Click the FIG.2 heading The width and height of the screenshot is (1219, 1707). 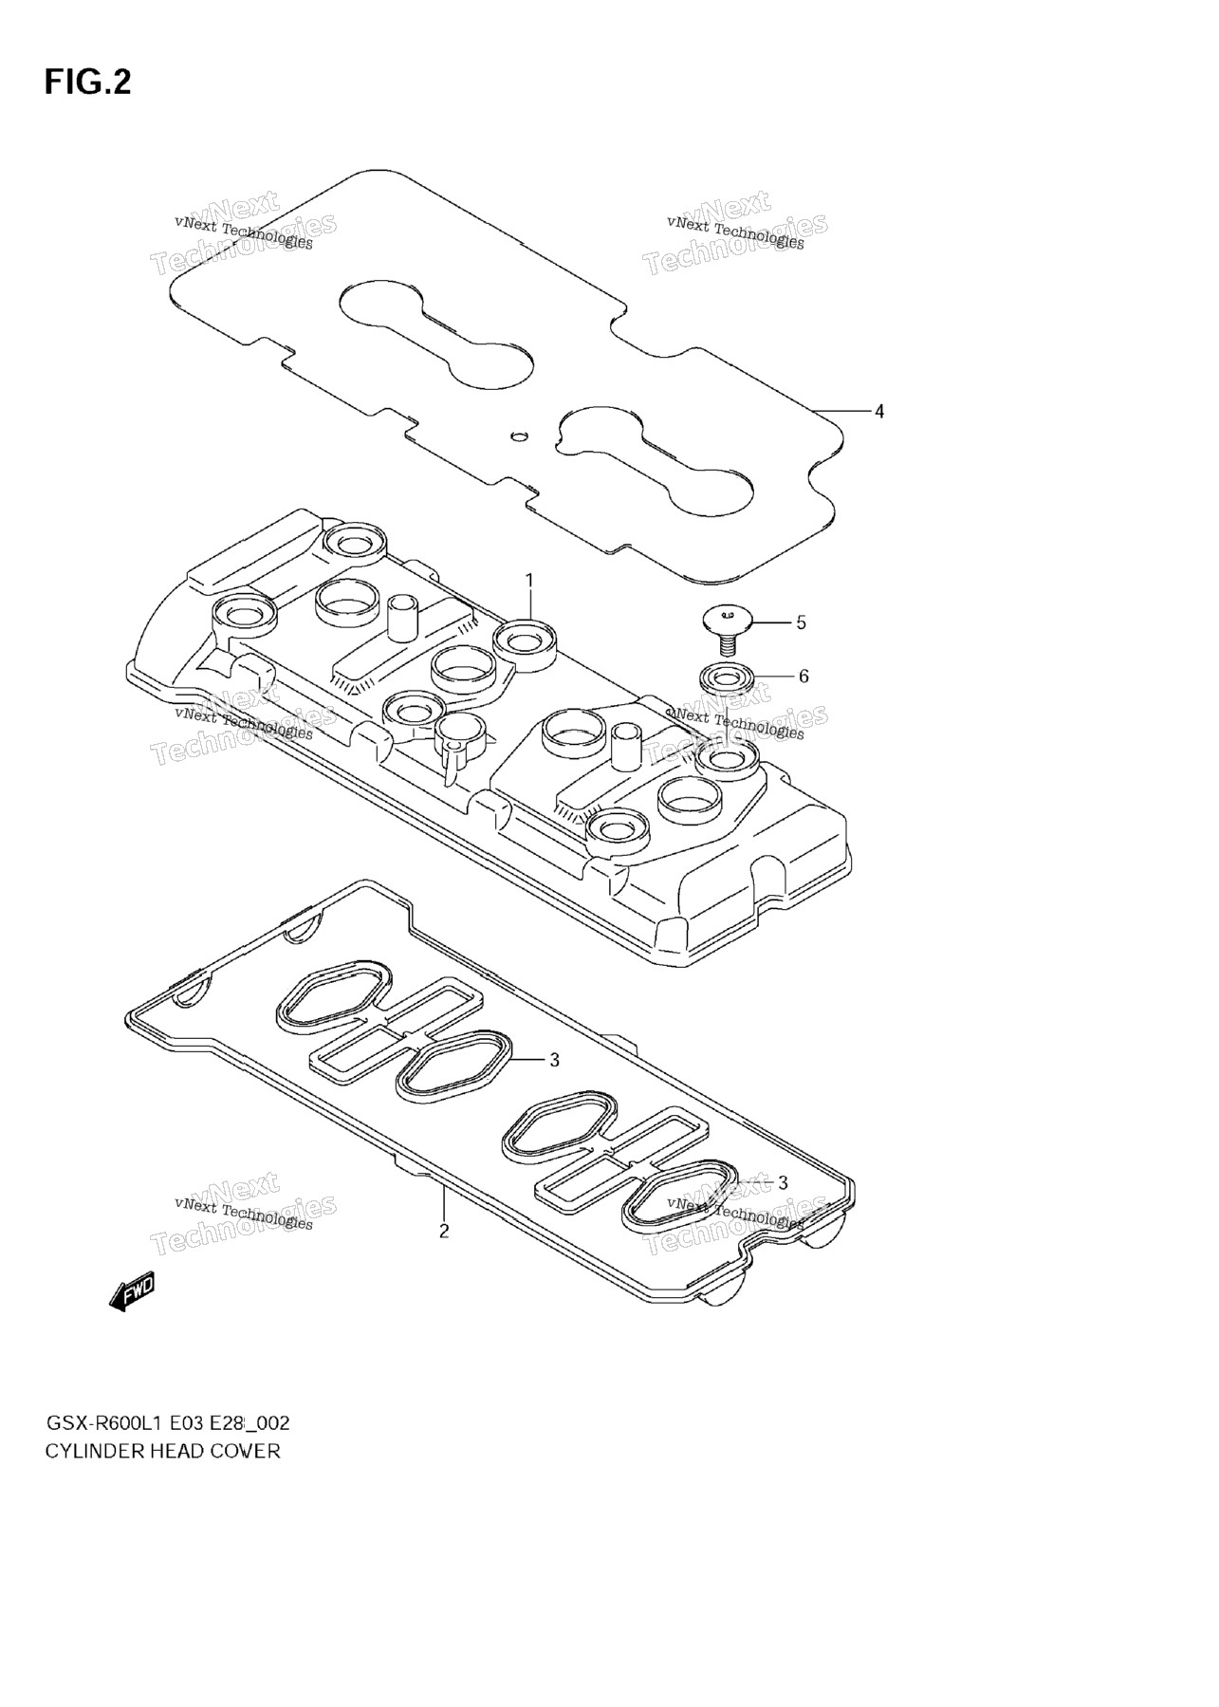(87, 83)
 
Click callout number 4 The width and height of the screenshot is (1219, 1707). (879, 411)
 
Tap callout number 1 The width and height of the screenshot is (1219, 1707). (530, 580)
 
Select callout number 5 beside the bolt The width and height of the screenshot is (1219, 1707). (801, 622)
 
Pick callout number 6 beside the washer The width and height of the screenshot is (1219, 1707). (803, 676)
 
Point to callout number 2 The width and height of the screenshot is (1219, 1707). (443, 1232)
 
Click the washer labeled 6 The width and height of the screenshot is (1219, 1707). (728, 679)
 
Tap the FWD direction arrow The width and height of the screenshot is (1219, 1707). (132, 1292)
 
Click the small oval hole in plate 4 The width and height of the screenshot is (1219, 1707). (518, 436)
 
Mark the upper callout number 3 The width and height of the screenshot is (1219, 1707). (555, 1060)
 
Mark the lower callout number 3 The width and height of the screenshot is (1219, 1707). (783, 1182)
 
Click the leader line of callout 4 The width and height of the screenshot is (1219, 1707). (843, 411)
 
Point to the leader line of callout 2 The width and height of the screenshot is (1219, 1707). (443, 1201)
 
